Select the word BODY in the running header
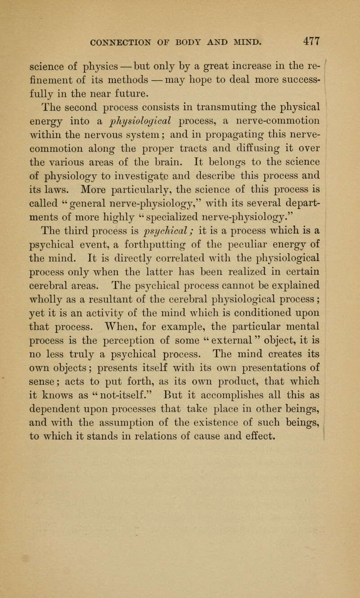199,44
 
